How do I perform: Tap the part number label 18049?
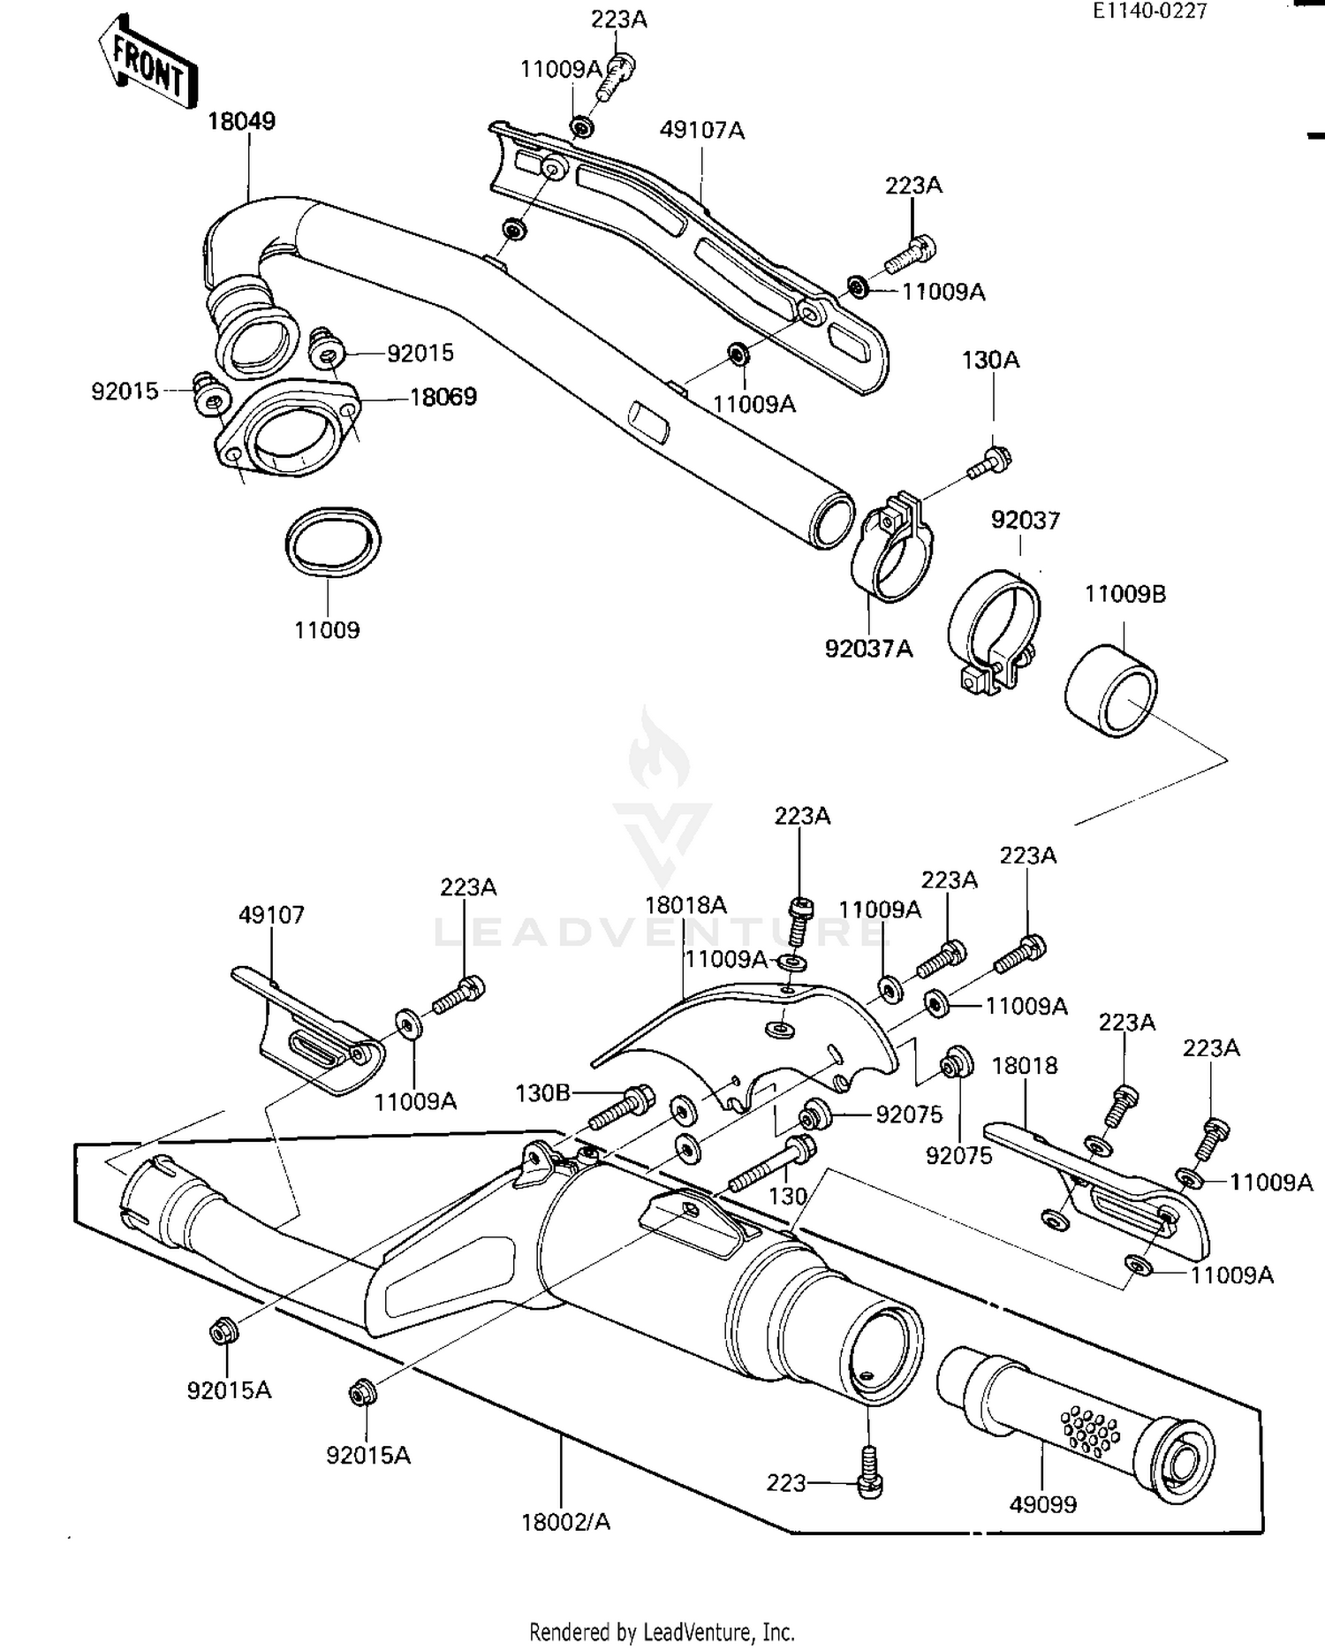(241, 121)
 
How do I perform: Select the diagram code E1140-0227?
(1149, 11)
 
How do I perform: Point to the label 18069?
(443, 396)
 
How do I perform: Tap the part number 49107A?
(701, 131)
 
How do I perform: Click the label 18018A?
(685, 905)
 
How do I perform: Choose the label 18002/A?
(565, 1522)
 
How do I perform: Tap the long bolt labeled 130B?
(620, 1105)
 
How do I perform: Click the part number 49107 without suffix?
(271, 915)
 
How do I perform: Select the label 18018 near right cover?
(1024, 1066)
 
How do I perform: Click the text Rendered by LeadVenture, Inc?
(662, 1632)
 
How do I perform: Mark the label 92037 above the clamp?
(1025, 520)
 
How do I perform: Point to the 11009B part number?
(1124, 594)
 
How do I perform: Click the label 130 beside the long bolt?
(788, 1196)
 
